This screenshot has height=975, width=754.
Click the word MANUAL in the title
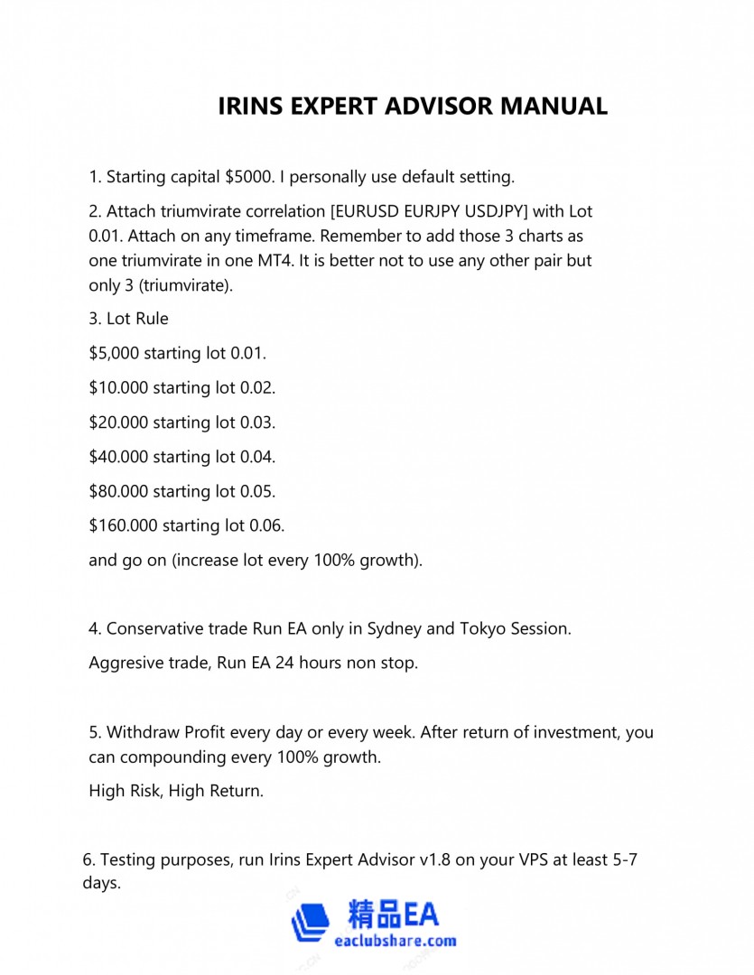(x=554, y=106)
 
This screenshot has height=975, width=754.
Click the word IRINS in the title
(x=250, y=106)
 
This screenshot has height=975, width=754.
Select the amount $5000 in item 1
(x=249, y=176)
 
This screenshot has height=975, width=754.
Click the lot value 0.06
(x=265, y=525)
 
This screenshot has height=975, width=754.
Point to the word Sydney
(x=394, y=628)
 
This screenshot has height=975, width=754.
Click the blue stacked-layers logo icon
(x=312, y=922)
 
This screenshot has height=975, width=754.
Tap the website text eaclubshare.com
(x=395, y=941)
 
